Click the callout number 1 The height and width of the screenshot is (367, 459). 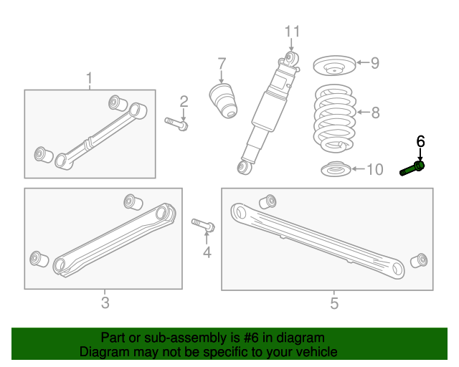(x=90, y=77)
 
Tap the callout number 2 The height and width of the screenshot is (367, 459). (x=184, y=101)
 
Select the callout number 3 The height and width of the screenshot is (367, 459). (x=105, y=302)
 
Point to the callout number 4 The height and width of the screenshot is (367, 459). (x=207, y=252)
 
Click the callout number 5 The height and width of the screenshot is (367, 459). (x=334, y=303)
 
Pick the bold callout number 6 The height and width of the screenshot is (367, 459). (x=420, y=140)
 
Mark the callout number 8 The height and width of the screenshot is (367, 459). (x=375, y=112)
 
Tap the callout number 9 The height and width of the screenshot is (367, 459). (x=374, y=63)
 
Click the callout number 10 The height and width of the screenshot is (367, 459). (x=375, y=170)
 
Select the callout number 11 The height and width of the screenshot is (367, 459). (x=290, y=32)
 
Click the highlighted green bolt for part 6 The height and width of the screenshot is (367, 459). (x=412, y=169)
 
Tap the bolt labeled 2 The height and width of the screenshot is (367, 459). (x=176, y=123)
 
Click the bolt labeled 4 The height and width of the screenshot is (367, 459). (x=204, y=227)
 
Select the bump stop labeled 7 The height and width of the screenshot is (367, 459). (x=223, y=99)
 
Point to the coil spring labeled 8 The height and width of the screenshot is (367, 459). (x=334, y=118)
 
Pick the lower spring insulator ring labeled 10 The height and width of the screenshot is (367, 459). (x=333, y=171)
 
